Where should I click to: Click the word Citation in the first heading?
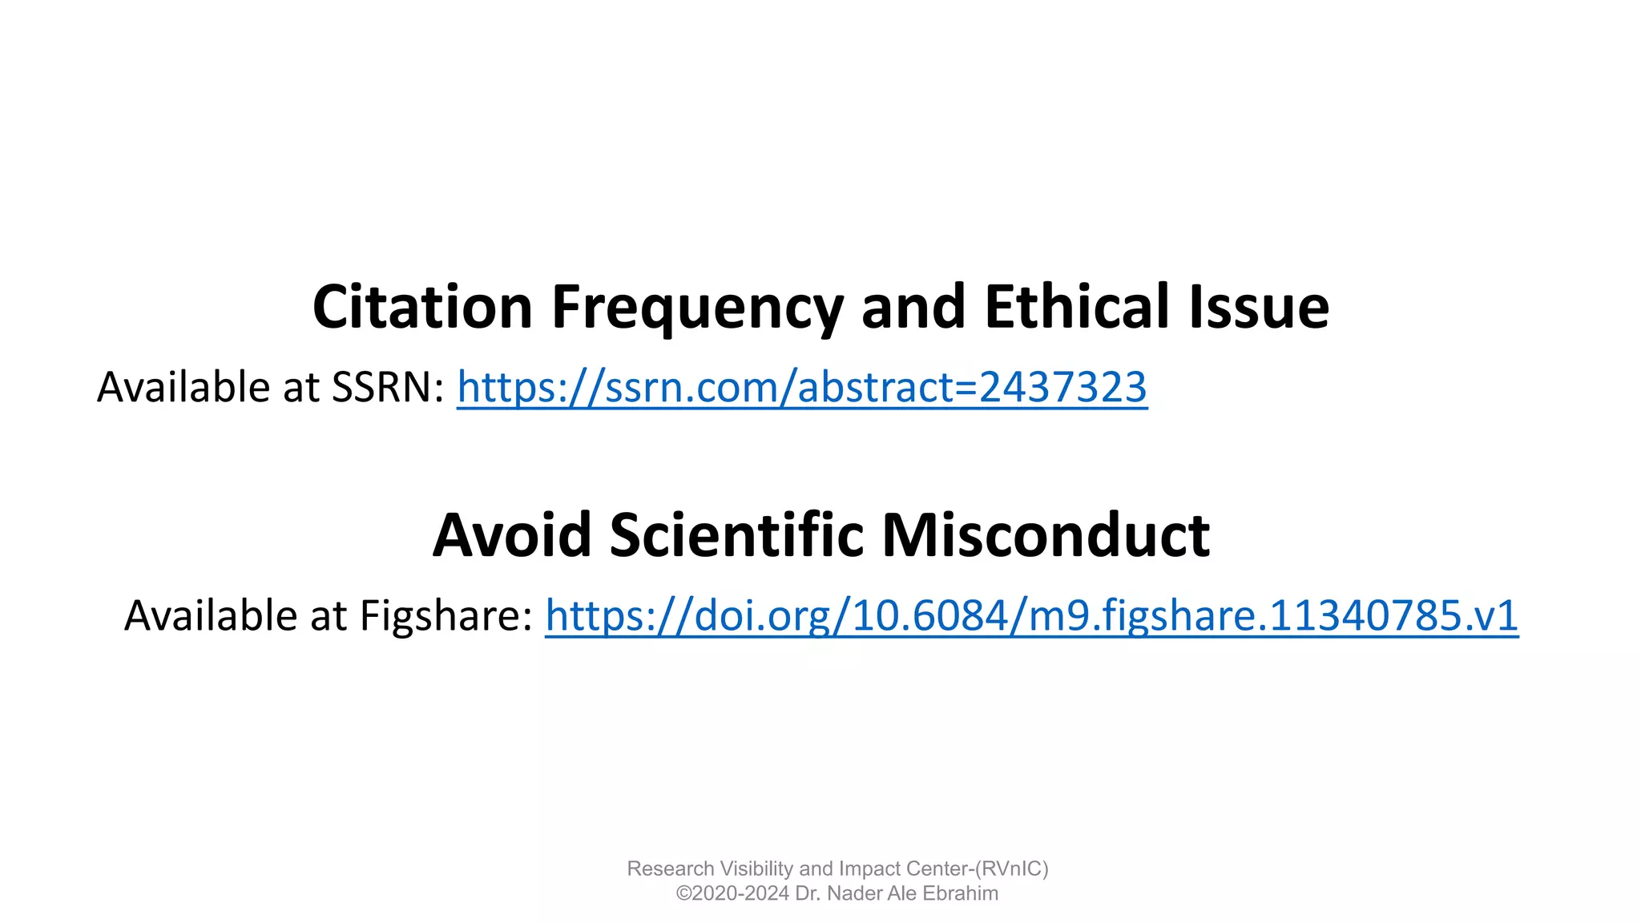422,307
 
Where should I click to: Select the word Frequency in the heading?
696,308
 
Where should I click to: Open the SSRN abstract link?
801,388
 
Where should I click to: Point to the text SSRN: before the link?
389,388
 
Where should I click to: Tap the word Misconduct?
1046,535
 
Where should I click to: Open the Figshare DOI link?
1031,616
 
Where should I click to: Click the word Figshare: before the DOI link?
446,616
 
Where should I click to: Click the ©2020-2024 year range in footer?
732,893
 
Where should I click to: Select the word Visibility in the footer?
756,869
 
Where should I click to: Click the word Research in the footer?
670,869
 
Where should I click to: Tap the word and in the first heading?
913,307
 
